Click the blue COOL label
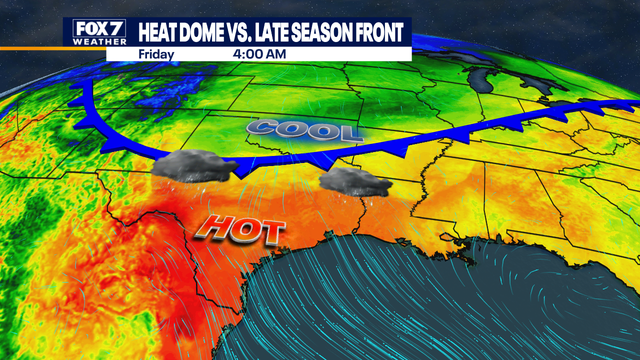click(x=304, y=130)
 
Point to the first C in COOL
click(x=263, y=128)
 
